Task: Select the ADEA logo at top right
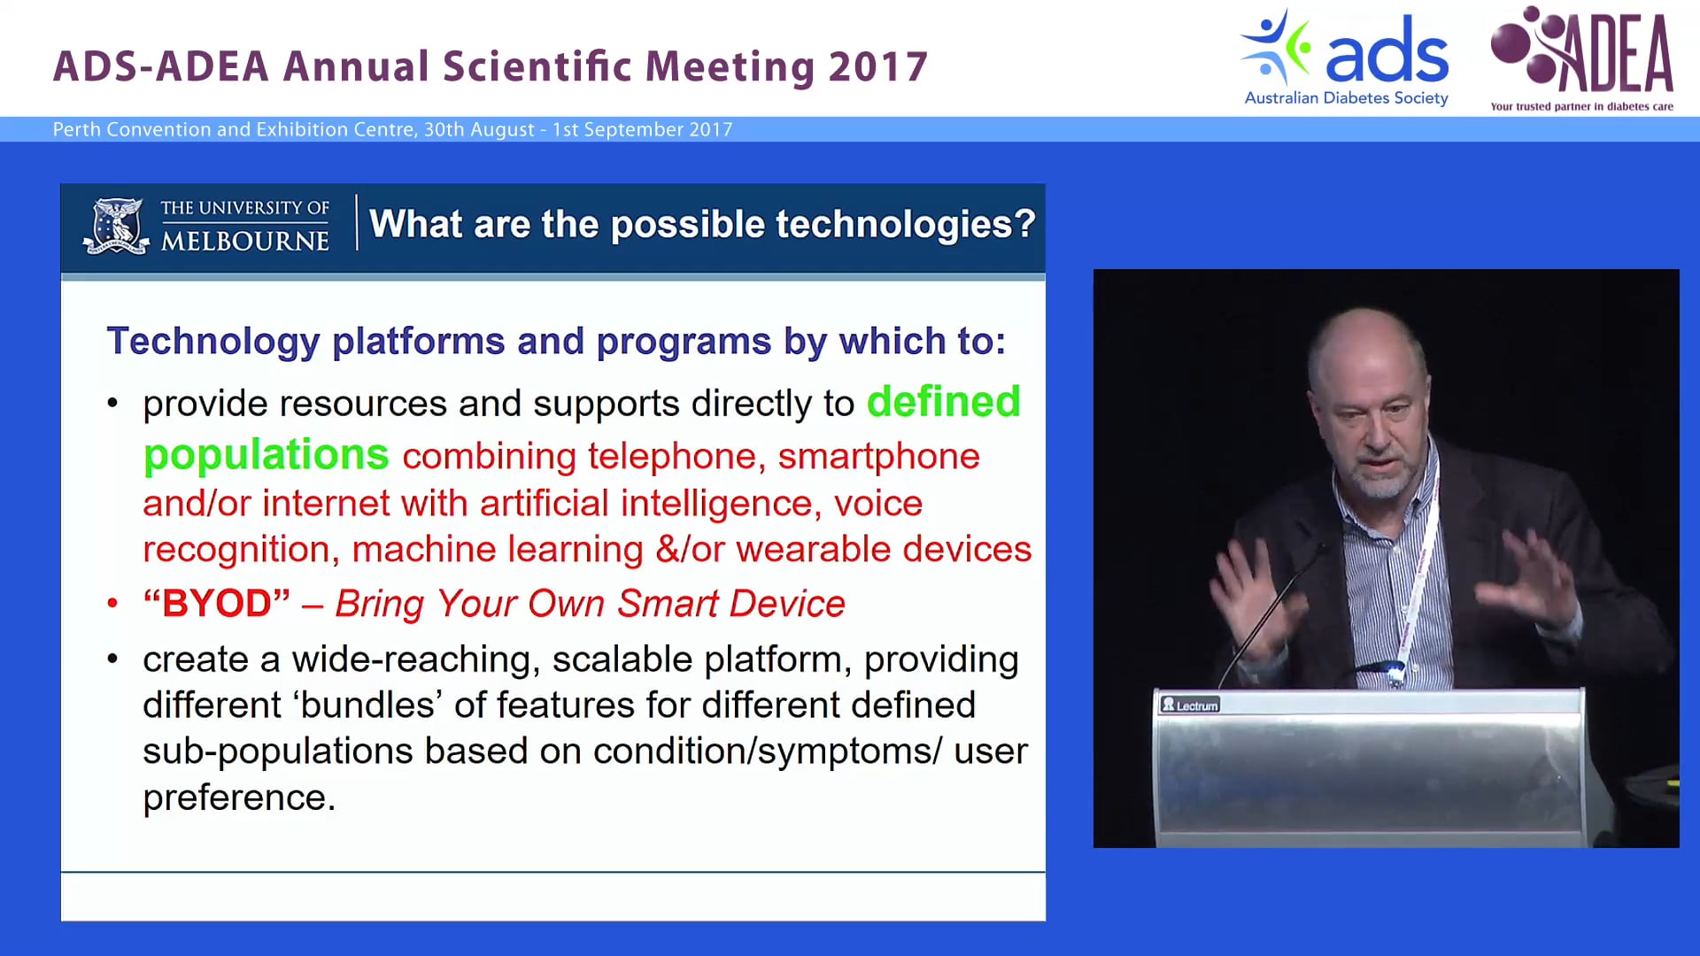coord(1582,58)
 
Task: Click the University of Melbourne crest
coord(116,226)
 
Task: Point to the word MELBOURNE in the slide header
coord(244,241)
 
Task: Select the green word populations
coord(266,455)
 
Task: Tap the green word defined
coord(943,402)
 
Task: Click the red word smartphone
coord(878,457)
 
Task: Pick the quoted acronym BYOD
coord(217,604)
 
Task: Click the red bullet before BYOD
coord(112,605)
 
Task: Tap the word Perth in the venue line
coord(76,129)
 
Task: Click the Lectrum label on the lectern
coord(1190,705)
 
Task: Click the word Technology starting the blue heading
coord(212,342)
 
